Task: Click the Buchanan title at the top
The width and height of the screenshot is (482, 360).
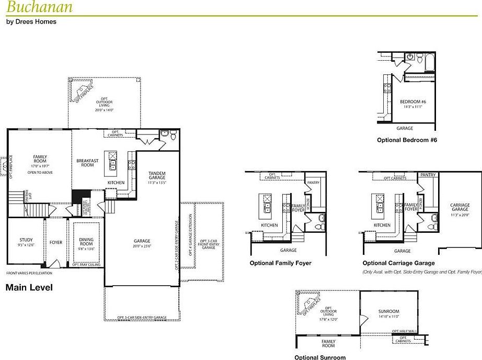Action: (x=40, y=7)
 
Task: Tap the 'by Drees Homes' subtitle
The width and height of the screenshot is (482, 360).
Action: (x=31, y=22)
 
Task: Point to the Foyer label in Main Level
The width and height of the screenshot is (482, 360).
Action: (x=56, y=242)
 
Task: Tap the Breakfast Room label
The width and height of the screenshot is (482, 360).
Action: (x=87, y=163)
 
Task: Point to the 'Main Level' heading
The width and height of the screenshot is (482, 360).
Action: (x=29, y=287)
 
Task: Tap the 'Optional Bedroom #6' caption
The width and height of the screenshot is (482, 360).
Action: (x=407, y=140)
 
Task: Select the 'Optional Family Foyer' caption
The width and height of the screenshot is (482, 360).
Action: (x=280, y=263)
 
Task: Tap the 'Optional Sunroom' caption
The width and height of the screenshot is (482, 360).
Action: (x=320, y=357)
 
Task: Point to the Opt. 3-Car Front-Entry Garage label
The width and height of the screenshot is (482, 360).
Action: (x=209, y=244)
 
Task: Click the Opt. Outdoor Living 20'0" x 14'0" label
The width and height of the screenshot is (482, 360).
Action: (x=105, y=104)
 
